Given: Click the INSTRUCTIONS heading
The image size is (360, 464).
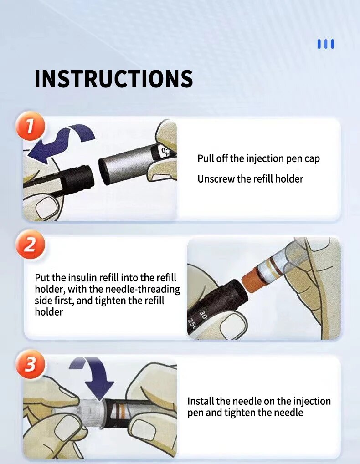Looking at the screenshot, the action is (113, 79).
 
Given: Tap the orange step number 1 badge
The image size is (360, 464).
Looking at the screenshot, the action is (30, 126).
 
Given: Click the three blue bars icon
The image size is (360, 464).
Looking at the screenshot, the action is (326, 44).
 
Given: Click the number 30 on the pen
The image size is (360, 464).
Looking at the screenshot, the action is (203, 314).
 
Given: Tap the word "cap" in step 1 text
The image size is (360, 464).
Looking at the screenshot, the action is (312, 159).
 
